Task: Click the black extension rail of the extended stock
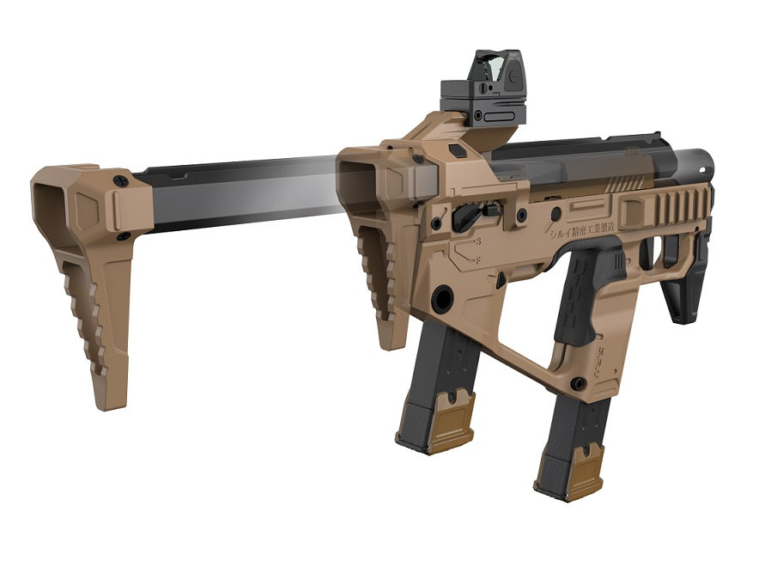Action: click(x=232, y=193)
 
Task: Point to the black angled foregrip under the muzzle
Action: click(x=691, y=284)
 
